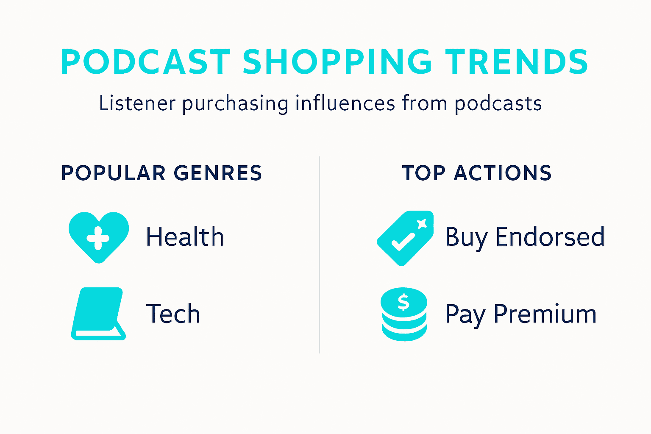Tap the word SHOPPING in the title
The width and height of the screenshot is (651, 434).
click(337, 62)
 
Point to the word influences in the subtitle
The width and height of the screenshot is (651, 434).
click(345, 103)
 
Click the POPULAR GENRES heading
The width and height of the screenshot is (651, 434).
click(161, 173)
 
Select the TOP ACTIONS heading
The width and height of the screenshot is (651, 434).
click(477, 173)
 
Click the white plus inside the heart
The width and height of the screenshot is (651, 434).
click(98, 238)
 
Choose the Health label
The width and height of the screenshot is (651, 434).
click(185, 236)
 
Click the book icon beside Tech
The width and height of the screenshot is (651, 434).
click(98, 314)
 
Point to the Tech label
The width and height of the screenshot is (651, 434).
click(173, 314)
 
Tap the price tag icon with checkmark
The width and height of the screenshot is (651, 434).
click(405, 238)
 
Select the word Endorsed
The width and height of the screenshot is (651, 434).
click(550, 236)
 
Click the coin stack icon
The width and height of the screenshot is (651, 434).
click(404, 314)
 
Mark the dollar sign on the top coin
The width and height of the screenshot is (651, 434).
click(403, 302)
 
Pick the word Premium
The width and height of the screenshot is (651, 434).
click(545, 314)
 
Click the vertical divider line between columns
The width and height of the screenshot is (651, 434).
click(319, 254)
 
